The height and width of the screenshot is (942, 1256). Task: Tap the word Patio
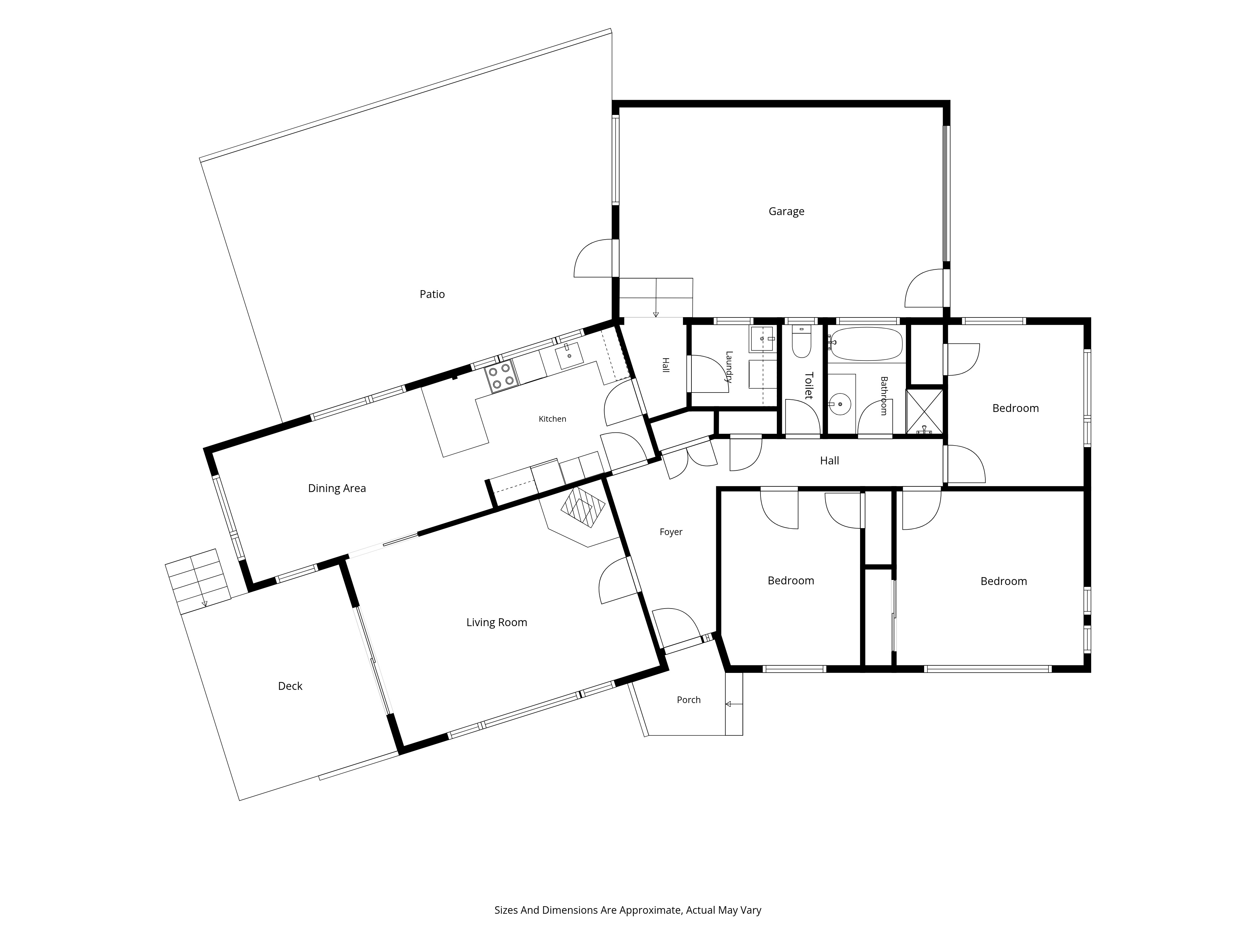[x=432, y=294]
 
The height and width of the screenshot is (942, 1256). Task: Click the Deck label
[x=290, y=686]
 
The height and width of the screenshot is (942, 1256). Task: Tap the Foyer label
[x=671, y=532]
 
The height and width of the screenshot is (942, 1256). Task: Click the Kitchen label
[x=552, y=419]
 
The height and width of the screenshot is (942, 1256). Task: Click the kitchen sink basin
[x=570, y=356]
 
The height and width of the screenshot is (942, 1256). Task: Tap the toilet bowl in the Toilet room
[x=801, y=342]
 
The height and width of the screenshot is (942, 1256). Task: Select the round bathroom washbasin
[x=840, y=405]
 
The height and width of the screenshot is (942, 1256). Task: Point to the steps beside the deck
[x=198, y=582]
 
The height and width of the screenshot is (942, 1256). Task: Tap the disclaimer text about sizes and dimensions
[x=627, y=878]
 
